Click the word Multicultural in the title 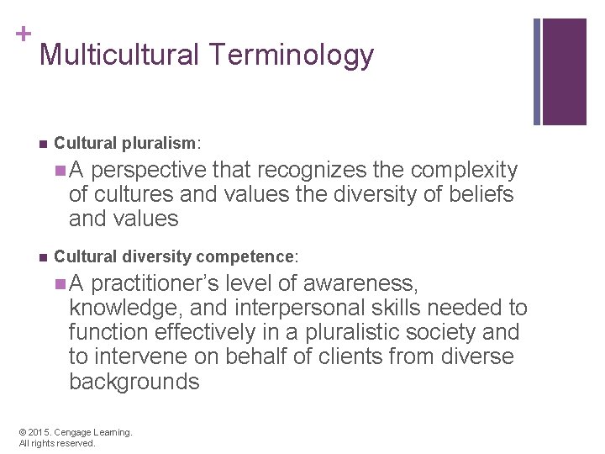[x=120, y=55]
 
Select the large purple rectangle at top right [x=565, y=71]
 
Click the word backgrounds [x=134, y=382]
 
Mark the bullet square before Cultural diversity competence [x=42, y=255]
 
